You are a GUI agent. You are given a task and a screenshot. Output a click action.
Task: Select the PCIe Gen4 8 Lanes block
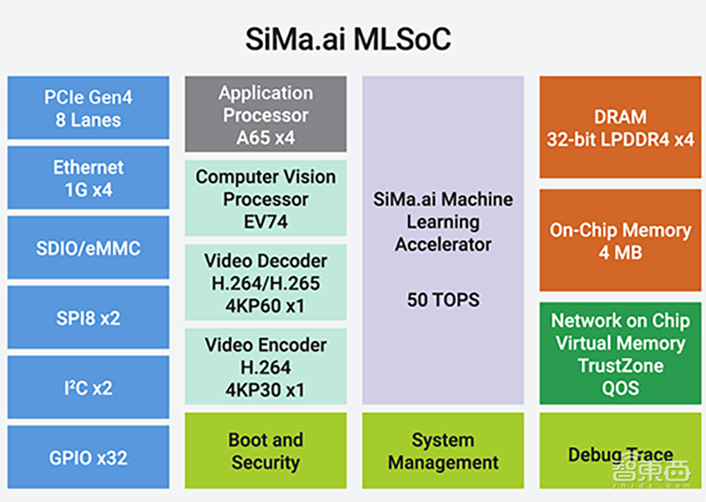coord(88,107)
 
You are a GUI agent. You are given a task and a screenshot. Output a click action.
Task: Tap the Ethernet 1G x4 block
coord(88,178)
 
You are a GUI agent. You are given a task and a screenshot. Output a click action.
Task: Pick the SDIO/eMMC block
coord(88,248)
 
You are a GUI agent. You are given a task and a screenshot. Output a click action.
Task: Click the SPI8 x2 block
coord(88,318)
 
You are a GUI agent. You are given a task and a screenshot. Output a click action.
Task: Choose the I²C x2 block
coord(88,388)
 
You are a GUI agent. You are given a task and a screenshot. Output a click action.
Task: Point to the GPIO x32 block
coord(88,457)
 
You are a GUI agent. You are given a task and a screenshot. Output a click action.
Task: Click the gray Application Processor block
coord(265,114)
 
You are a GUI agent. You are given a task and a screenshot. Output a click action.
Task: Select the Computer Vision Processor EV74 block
coord(265,198)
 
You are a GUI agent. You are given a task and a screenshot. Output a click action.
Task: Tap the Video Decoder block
coord(265,282)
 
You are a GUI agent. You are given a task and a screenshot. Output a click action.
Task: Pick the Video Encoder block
coord(265,366)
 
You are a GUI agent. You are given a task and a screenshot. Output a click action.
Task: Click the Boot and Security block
coord(265,450)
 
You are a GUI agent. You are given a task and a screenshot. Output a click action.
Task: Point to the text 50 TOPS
coord(443,299)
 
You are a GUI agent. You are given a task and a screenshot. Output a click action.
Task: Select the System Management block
coord(443,450)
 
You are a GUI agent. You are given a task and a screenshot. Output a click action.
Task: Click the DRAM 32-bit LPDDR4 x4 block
coord(620,127)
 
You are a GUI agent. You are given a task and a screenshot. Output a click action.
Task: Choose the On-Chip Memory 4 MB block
coord(620,240)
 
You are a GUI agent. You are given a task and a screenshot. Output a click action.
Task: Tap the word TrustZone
coord(620,366)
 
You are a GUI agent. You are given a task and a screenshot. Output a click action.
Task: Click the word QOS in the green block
coord(620,388)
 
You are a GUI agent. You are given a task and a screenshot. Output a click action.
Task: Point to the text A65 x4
coord(265,137)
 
